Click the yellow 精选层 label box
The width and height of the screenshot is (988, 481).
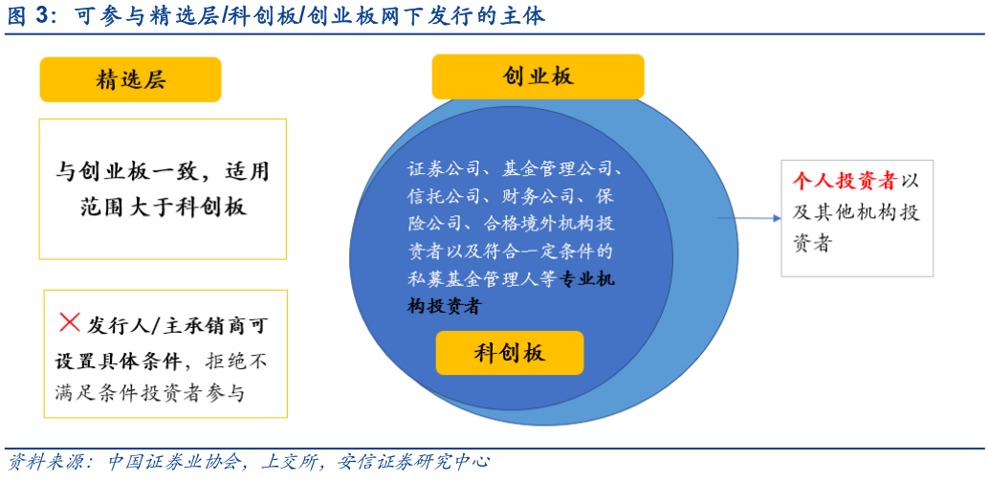(130, 79)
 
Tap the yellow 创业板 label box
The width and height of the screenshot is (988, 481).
(538, 77)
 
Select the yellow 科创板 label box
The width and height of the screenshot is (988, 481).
(510, 353)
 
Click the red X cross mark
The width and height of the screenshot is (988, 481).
(69, 322)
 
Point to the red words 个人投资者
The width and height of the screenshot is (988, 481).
(845, 182)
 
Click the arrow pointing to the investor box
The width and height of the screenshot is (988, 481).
(749, 218)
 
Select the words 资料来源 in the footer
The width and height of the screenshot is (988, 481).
(41, 462)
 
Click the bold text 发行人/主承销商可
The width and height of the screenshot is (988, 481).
(178, 325)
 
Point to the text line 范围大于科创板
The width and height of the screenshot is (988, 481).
(163, 207)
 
